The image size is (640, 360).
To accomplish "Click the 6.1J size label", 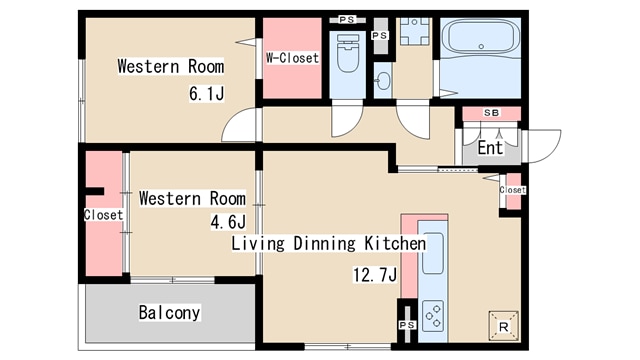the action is [x=207, y=93].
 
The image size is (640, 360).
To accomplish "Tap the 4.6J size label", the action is [x=229, y=222].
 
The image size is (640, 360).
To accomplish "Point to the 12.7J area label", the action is [x=375, y=275].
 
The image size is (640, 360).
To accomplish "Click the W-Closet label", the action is [x=292, y=58].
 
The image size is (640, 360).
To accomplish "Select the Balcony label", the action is [x=169, y=313].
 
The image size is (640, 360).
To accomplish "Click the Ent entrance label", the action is [x=490, y=147].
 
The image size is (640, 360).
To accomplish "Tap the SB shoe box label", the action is [x=491, y=113].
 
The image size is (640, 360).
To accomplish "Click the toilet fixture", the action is [x=348, y=53].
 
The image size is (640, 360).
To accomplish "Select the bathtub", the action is [x=481, y=36].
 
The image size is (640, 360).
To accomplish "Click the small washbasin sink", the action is [x=383, y=80].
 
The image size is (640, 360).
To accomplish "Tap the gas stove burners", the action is [x=433, y=315].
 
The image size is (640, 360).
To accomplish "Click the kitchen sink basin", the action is [x=433, y=253].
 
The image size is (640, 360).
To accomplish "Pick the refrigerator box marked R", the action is [x=504, y=326].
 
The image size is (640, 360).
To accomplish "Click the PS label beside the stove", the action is [x=407, y=325].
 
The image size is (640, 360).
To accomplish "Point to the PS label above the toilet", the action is [x=347, y=20].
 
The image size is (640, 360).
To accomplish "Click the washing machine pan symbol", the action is [x=415, y=31].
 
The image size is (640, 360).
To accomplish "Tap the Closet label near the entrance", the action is [x=512, y=190].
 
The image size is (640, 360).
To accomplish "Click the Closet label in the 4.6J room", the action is [x=103, y=215].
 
